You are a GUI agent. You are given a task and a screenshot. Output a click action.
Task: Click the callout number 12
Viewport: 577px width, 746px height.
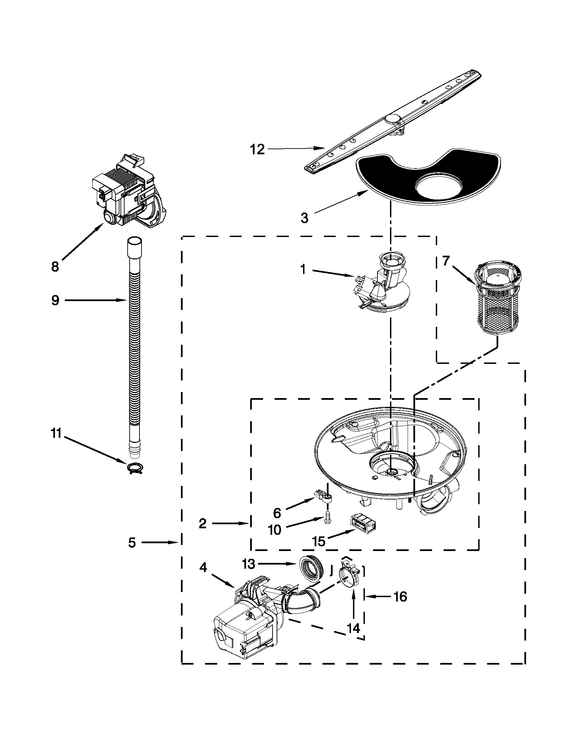click(x=257, y=149)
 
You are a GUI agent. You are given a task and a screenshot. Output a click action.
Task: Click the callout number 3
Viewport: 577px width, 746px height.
click(x=304, y=218)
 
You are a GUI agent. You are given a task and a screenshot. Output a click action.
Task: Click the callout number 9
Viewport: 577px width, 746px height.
click(x=55, y=300)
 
